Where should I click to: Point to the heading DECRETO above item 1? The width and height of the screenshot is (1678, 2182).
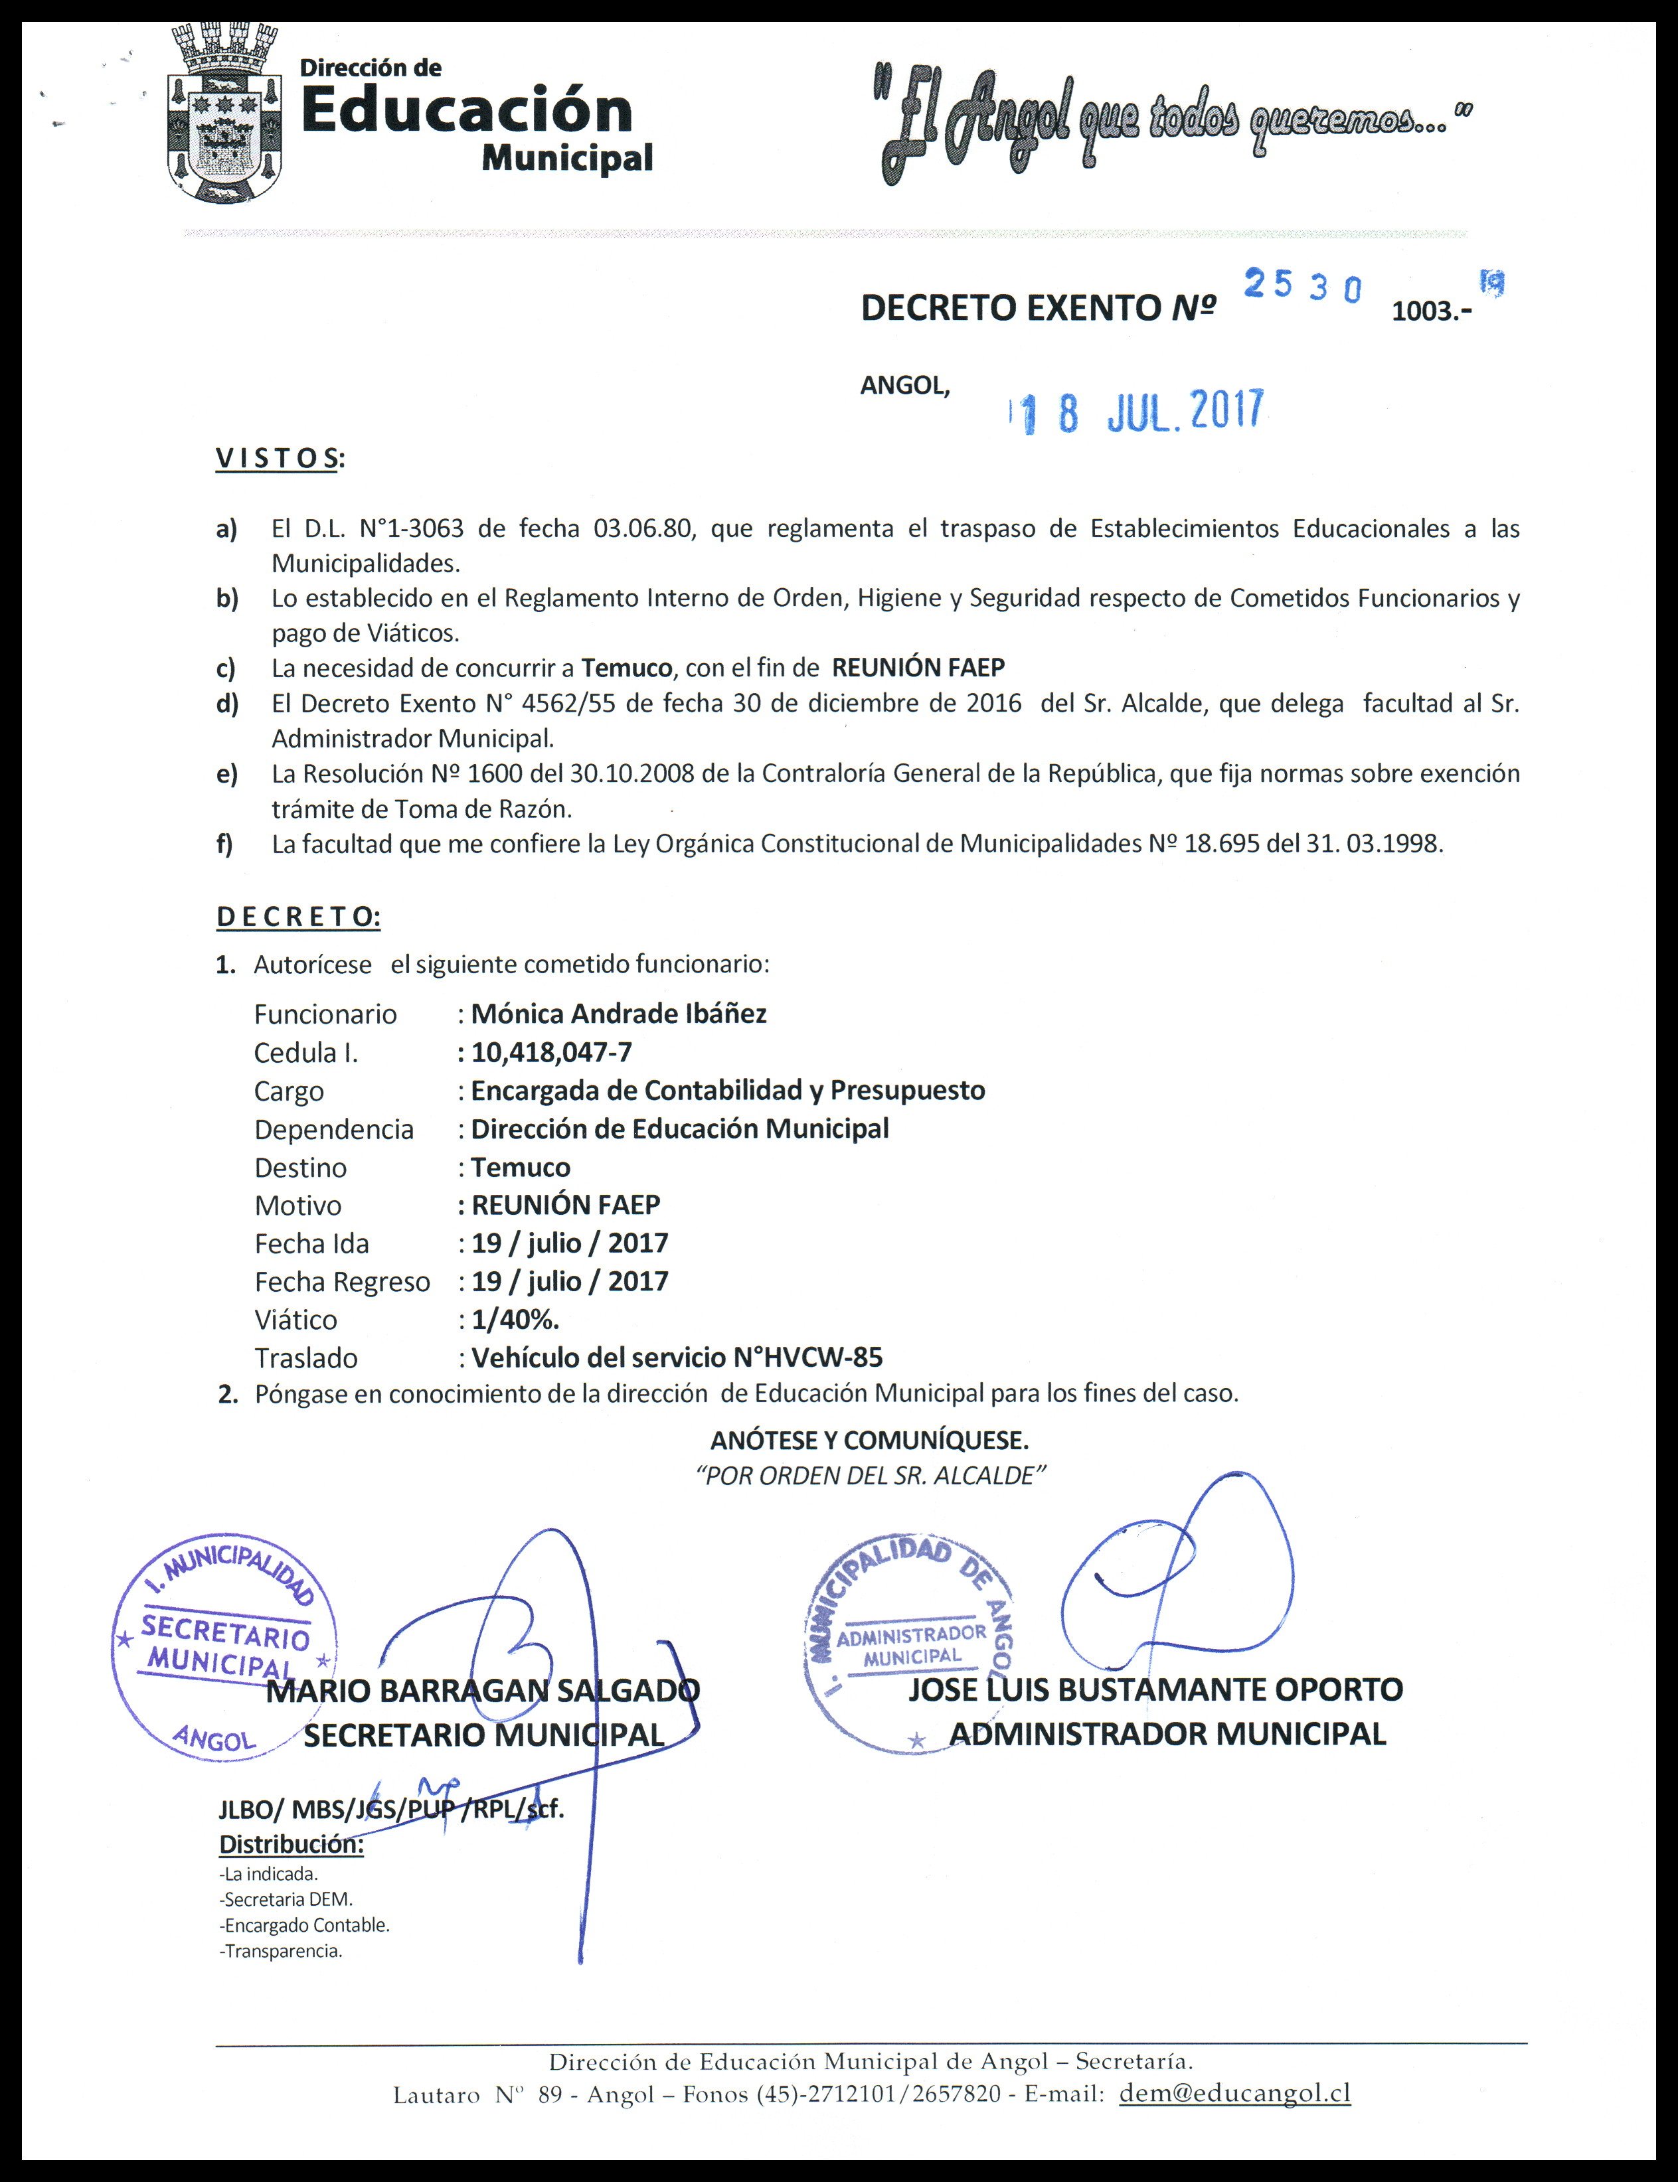click(297, 917)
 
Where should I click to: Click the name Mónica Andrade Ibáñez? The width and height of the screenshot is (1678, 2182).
click(618, 1014)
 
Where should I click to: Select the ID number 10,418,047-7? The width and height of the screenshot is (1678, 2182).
click(551, 1052)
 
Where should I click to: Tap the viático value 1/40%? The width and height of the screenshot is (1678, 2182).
click(515, 1319)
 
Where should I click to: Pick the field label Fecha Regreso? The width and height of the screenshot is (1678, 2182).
click(341, 1281)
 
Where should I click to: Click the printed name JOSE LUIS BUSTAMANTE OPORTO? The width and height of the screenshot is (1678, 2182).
click(1155, 1689)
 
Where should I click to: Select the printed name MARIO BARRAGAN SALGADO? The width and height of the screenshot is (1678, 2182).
click(483, 1691)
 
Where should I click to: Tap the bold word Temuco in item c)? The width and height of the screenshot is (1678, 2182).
click(628, 667)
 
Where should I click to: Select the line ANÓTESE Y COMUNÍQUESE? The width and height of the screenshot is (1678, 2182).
click(869, 1440)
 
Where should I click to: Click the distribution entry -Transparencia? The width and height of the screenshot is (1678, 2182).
click(281, 1950)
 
